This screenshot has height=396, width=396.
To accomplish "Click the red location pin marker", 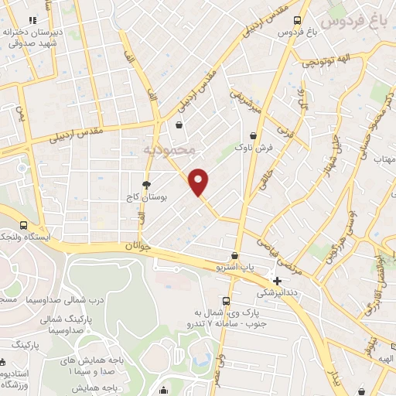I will tap(200, 181).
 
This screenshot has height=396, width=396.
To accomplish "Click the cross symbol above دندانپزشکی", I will tap(277, 280).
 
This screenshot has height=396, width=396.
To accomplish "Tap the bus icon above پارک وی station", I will tap(225, 301).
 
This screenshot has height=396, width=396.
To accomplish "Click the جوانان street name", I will tap(135, 246).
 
